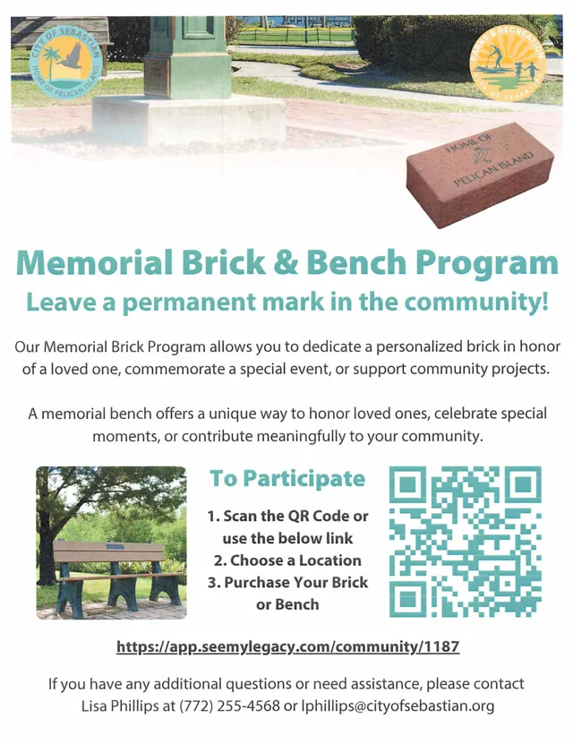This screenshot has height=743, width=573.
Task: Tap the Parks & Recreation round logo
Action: click(x=507, y=64)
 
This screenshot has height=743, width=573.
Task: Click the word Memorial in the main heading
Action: click(x=94, y=262)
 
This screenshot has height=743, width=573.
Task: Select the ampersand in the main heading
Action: click(x=286, y=262)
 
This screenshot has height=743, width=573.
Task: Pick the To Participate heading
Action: click(x=287, y=479)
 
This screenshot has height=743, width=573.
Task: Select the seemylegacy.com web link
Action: click(x=287, y=647)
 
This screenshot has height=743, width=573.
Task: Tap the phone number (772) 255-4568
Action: click(x=229, y=706)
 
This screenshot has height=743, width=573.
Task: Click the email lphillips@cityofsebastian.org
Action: click(x=398, y=706)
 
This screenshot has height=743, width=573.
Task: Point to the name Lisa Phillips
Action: click(x=119, y=706)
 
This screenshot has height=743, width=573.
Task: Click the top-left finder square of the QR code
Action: click(x=407, y=484)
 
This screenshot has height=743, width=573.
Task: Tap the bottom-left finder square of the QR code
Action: click(x=407, y=599)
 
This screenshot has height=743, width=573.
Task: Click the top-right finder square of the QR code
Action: click(x=523, y=484)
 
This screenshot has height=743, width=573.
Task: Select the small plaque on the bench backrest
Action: click(x=115, y=546)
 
